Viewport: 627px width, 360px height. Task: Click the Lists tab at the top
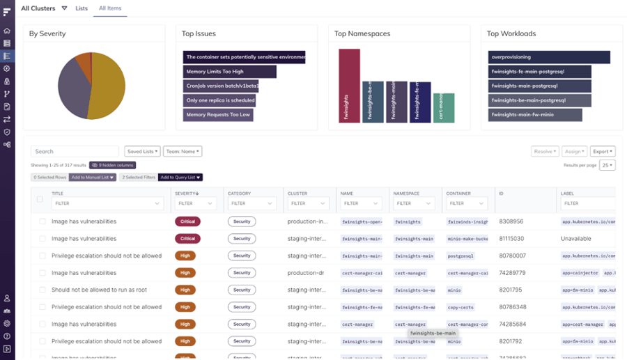[x=82, y=8]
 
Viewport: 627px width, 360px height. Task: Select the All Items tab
[x=110, y=8]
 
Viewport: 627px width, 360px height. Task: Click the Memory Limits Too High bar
[x=229, y=72]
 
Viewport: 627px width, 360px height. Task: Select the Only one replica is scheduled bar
[x=219, y=100]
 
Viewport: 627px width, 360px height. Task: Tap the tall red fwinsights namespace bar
[x=349, y=86]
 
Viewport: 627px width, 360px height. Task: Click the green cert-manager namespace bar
[x=443, y=108]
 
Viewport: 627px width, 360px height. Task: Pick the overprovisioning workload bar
[x=548, y=57]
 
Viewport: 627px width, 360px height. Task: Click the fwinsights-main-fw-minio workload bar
[x=536, y=115]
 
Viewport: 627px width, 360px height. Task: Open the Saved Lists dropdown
[x=142, y=151]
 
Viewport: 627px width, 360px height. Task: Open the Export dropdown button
[x=603, y=151]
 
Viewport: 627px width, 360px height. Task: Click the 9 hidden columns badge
[x=112, y=165]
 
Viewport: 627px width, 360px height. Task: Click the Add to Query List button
[x=180, y=178]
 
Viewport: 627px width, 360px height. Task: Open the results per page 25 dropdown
[x=607, y=165]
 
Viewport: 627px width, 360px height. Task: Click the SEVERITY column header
[x=186, y=193]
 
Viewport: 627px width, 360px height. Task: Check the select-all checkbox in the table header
[x=40, y=199]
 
